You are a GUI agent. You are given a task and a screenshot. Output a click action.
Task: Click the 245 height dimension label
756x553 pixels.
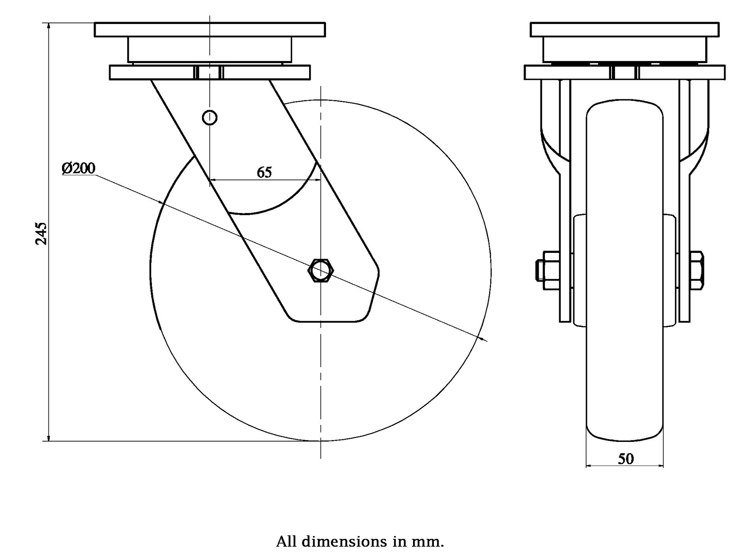tap(41, 233)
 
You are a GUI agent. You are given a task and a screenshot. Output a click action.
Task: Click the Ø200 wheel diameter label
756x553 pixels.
tap(78, 169)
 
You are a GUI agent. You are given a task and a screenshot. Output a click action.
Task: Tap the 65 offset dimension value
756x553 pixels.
tap(264, 172)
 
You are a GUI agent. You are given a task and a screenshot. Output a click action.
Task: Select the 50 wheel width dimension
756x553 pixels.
tap(626, 459)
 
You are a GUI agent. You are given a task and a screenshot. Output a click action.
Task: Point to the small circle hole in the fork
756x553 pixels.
tap(209, 117)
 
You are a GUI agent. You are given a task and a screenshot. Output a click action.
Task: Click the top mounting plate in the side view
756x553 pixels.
tap(210, 30)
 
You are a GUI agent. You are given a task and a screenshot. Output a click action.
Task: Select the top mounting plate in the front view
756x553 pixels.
tap(624, 30)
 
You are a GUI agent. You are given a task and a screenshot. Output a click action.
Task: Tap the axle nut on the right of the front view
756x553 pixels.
tap(697, 271)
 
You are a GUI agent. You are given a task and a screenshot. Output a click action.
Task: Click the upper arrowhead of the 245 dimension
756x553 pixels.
tap(48, 26)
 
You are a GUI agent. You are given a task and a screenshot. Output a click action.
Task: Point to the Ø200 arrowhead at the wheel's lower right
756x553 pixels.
tap(480, 338)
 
